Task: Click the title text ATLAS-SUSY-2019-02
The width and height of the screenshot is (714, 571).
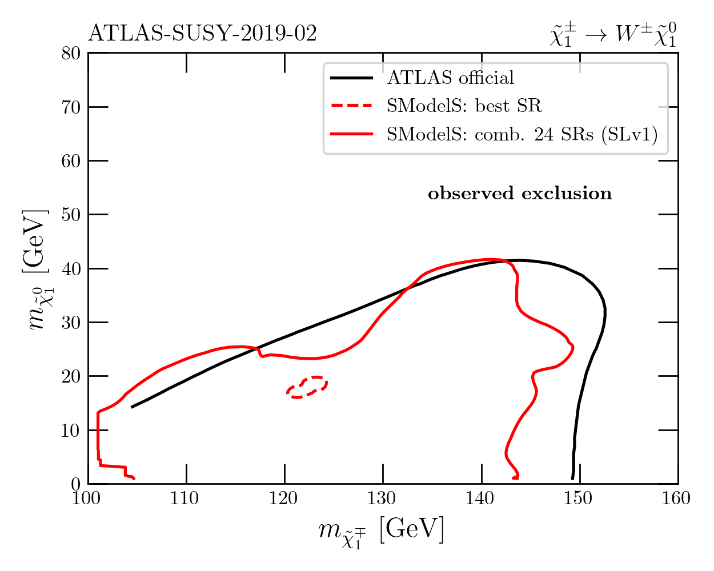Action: tap(202, 34)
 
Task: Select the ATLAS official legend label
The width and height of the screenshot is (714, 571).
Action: tap(451, 78)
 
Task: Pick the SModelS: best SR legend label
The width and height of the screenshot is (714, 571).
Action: tap(464, 106)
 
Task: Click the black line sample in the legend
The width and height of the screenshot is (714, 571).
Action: tap(351, 78)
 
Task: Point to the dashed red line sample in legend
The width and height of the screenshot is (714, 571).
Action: tap(351, 106)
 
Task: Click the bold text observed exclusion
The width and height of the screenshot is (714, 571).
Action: tap(520, 194)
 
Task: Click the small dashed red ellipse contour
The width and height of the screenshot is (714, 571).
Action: tap(307, 387)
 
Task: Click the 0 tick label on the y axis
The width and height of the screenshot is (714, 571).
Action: tap(75, 484)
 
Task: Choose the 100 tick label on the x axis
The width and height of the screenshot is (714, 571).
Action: tap(87, 499)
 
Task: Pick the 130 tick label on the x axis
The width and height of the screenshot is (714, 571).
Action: tap(383, 499)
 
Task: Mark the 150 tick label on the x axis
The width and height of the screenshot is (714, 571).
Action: tap(580, 499)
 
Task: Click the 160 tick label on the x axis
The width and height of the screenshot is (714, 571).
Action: tap(678, 499)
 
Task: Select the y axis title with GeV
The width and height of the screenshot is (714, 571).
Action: tap(37, 268)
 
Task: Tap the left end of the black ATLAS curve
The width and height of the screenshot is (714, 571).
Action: tap(132, 407)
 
